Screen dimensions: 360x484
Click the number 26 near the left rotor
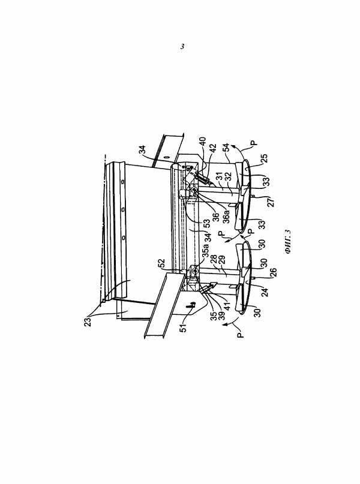pyautogui.click(x=273, y=272)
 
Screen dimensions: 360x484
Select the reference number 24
pyautogui.click(x=265, y=291)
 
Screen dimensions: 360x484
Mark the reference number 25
pyautogui.click(x=265, y=158)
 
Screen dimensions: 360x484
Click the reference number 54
pyautogui.click(x=226, y=147)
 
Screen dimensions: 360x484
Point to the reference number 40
pyautogui.click(x=202, y=143)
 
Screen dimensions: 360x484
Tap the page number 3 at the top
pyautogui.click(x=182, y=47)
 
